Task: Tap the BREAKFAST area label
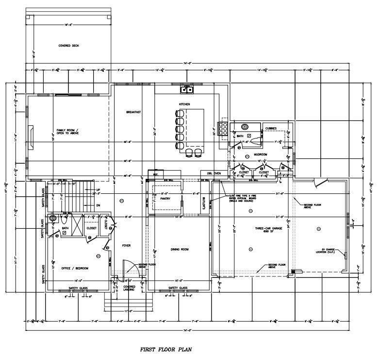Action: tap(133, 112)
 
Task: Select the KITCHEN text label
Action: tap(184, 104)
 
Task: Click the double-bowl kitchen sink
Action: tap(187, 89)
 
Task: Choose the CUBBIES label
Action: tap(270, 129)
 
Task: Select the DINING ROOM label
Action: tap(179, 249)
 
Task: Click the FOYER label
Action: tap(127, 246)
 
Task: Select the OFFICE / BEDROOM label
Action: tap(75, 268)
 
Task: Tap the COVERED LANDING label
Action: tap(129, 288)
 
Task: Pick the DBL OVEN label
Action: tap(214, 173)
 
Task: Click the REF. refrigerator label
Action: tap(156, 173)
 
